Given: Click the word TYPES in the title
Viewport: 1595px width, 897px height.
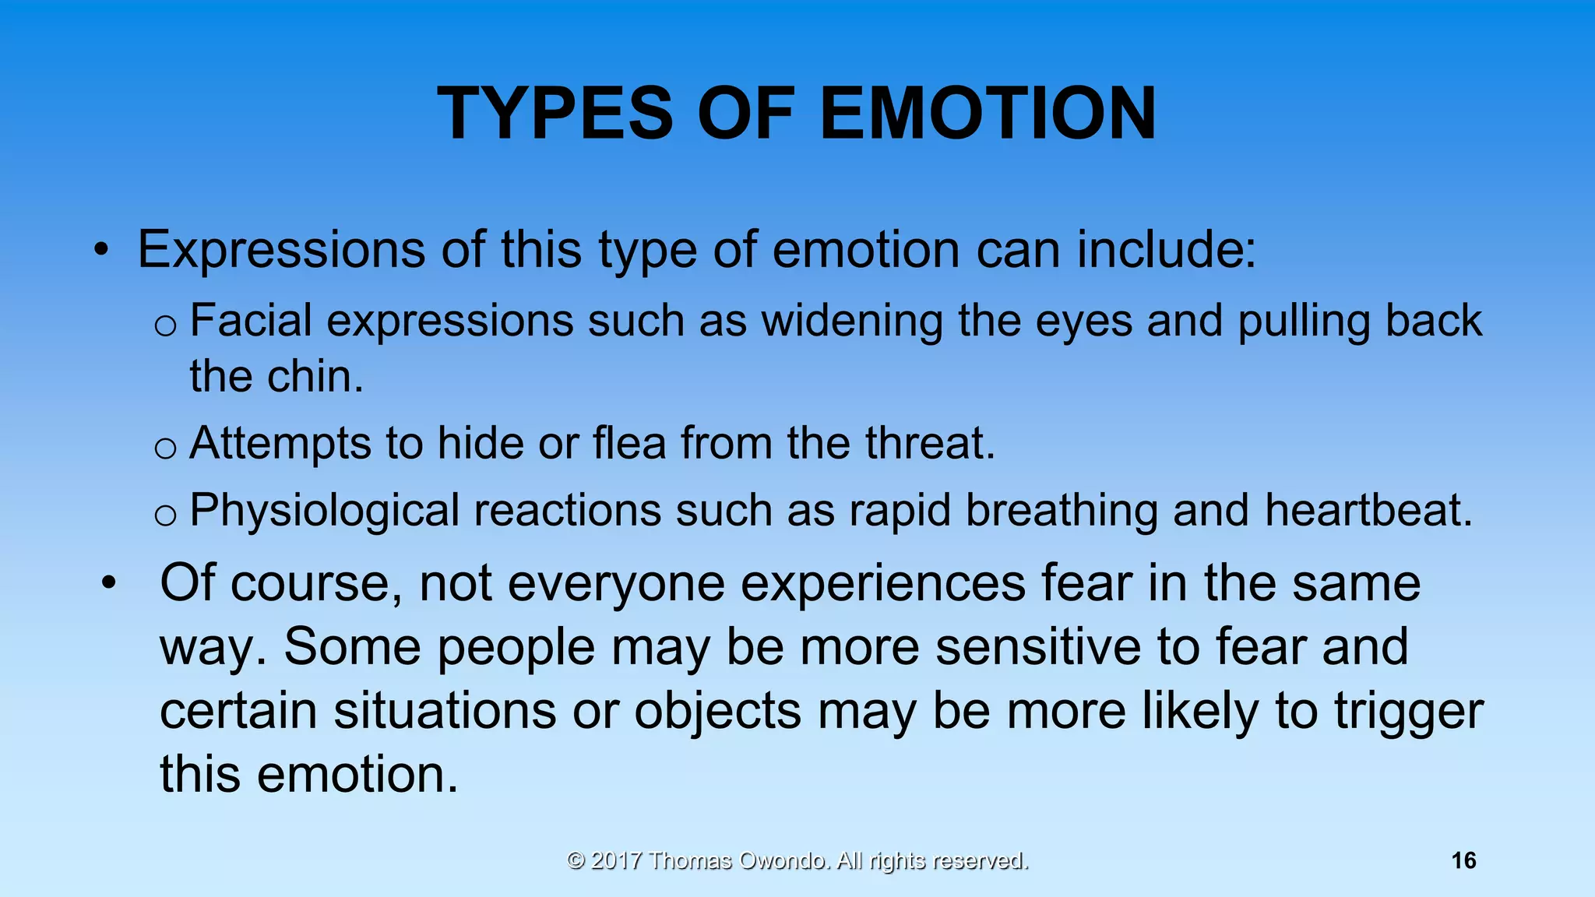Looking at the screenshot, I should coord(555,114).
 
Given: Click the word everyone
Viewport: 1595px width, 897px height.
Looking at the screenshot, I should coord(616,584).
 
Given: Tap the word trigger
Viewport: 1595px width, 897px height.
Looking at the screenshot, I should coord(1409,712).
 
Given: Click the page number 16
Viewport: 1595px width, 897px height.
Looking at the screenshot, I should coord(1463,860).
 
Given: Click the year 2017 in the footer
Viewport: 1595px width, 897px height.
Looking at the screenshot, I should coord(616,860).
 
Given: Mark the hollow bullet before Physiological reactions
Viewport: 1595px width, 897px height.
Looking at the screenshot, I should coord(165,515).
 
